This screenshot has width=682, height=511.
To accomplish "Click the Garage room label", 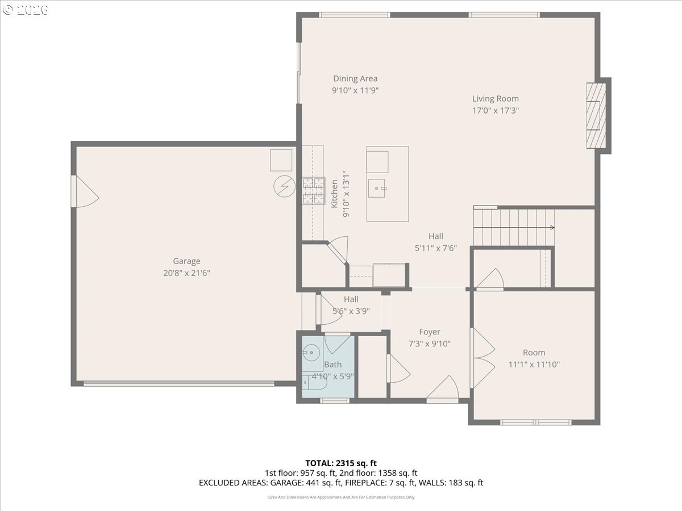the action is [186, 261].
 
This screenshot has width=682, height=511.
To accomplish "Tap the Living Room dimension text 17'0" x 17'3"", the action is [496, 111].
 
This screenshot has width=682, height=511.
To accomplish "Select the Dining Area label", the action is [355, 78].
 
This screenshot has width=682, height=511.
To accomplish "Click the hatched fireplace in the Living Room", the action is [596, 115].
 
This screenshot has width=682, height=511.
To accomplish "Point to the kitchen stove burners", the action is [314, 191].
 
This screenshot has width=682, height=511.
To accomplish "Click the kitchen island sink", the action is [377, 189].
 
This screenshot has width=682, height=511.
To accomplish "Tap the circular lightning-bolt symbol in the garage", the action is [284, 186].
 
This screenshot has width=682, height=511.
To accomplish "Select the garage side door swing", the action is [85, 191].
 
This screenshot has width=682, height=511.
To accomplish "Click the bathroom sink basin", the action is [311, 353].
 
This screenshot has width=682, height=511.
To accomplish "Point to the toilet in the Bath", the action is [314, 383].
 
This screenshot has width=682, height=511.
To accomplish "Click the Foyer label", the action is [430, 332].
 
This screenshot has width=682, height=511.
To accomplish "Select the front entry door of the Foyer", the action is [442, 389].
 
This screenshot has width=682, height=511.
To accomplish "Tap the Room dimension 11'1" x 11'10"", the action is [534, 365].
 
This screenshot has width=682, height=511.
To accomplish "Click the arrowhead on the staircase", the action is [552, 228].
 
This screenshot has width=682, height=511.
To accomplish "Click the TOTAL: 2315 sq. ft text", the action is [341, 463].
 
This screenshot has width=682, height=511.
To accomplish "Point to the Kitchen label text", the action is [334, 194].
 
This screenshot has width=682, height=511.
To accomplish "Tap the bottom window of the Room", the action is [536, 422].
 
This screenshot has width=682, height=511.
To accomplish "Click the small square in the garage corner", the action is [281, 160].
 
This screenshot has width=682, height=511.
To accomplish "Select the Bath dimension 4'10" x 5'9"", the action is [333, 376].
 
